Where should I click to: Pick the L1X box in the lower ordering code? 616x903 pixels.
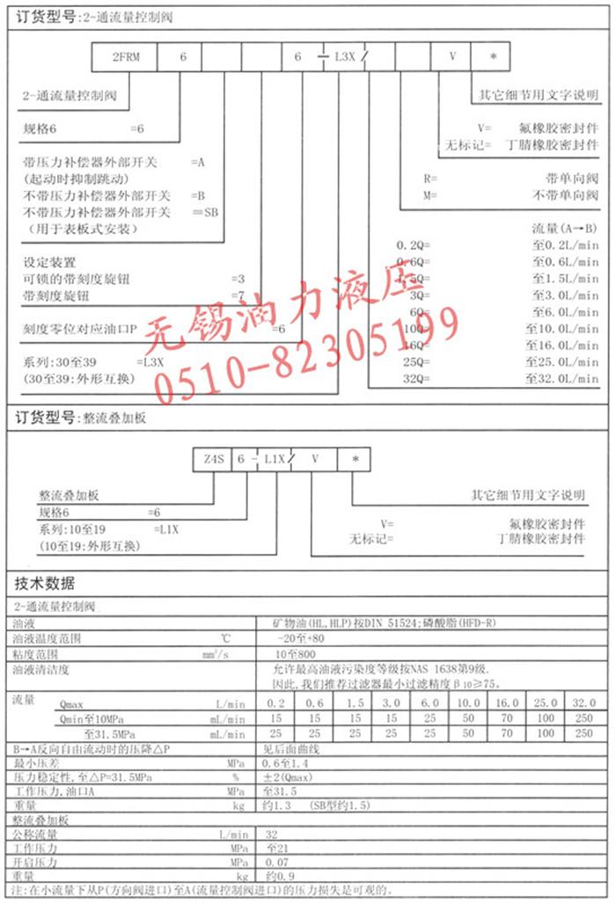click(275, 459)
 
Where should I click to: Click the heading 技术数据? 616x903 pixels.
click(45, 584)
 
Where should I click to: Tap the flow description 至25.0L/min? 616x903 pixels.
click(562, 362)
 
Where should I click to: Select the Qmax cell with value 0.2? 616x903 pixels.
click(276, 703)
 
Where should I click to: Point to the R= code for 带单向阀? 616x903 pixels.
click(430, 178)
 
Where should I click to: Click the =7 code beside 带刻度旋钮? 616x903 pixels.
click(237, 295)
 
